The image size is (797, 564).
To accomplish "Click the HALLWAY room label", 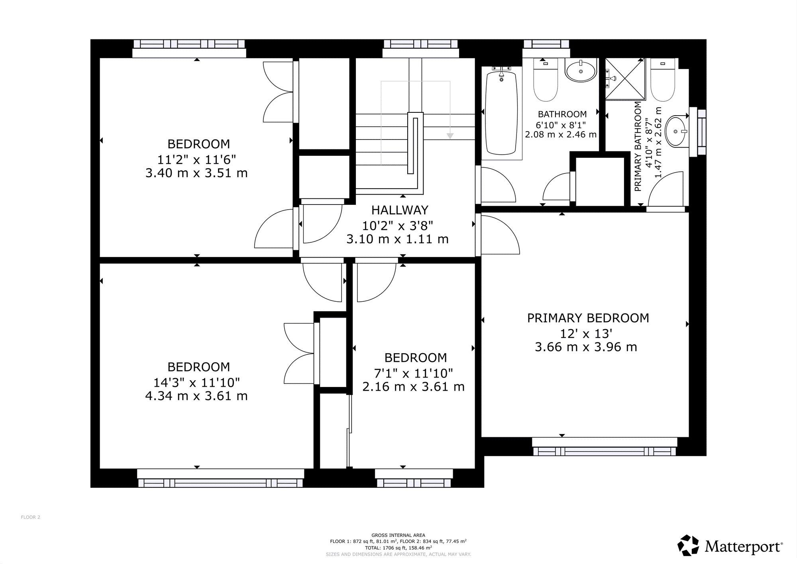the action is point(400,210).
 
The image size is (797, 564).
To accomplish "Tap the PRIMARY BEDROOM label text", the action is point(588,318).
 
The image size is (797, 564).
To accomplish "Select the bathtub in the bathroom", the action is point(502,113).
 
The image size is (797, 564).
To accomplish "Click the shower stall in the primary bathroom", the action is point(625,79).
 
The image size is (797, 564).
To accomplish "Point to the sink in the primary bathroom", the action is point(676,131).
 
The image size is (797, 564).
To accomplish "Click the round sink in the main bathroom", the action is point(580,71).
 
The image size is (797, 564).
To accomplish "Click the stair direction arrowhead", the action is point(450,136).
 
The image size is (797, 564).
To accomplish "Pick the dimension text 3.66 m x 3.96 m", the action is point(586,347).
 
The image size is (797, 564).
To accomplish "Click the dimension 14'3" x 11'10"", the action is point(196,383).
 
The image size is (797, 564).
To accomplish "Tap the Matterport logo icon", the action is point(689,545).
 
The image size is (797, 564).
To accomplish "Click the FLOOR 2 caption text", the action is point(31,517).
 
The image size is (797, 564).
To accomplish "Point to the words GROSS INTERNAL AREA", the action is point(398,535).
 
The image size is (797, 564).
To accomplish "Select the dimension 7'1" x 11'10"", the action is point(413,373).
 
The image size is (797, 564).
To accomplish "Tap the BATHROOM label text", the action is point(562,114).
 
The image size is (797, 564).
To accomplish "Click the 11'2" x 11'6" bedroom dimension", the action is point(196,159).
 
